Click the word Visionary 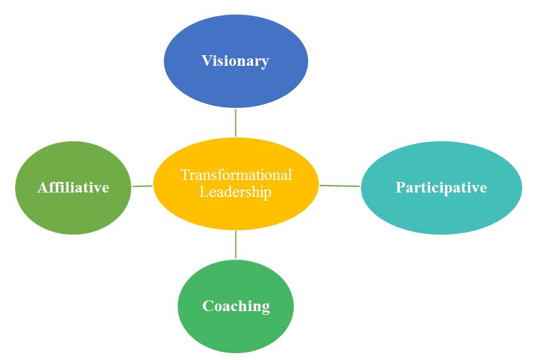click(235, 61)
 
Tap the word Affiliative click(73, 188)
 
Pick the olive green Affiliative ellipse click(73, 213)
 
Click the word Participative click(441, 188)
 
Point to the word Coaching click(236, 306)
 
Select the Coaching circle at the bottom click(236, 332)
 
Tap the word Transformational click(236, 175)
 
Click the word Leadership click(236, 192)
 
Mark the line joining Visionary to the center click(236, 122)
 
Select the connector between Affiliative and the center click(142, 186)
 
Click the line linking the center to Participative click(340, 186)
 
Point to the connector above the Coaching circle click(236, 245)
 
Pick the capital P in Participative click(400, 188)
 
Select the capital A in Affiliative click(42, 188)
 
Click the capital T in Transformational click(185, 175)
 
